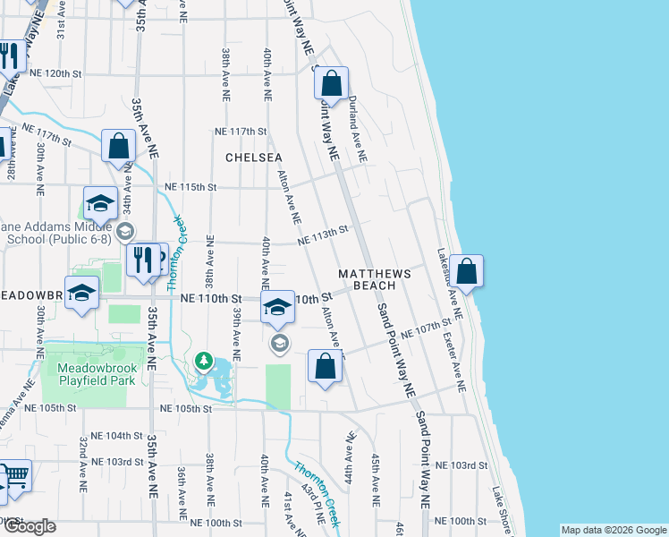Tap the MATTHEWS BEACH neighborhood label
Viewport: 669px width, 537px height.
click(x=374, y=279)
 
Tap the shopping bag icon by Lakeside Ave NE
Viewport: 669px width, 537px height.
click(x=466, y=270)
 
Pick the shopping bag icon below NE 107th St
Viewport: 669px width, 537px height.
click(x=325, y=366)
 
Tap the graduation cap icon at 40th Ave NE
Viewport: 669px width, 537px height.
click(x=278, y=309)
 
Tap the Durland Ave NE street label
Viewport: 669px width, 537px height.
click(x=357, y=129)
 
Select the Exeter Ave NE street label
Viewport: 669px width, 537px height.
click(x=454, y=362)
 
